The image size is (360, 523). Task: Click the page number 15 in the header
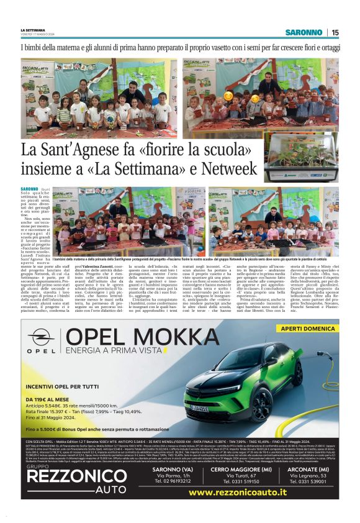[x=335, y=32]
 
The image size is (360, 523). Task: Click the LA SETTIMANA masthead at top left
[x=32, y=30]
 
